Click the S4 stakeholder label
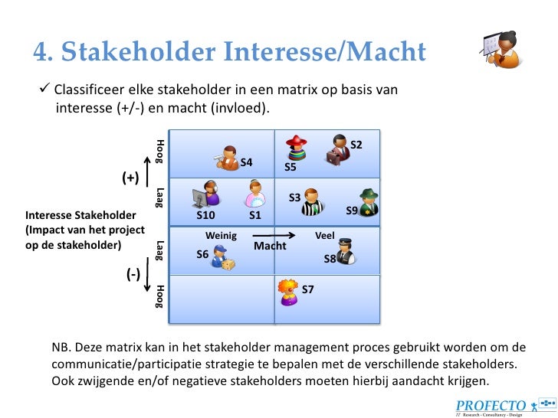point(246,162)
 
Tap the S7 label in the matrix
point(307,289)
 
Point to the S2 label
point(356,145)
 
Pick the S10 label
point(205,215)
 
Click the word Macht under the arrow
point(270,246)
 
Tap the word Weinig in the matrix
point(222,235)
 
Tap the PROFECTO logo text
point(491,406)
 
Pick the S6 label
point(202,254)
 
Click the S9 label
point(352,210)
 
